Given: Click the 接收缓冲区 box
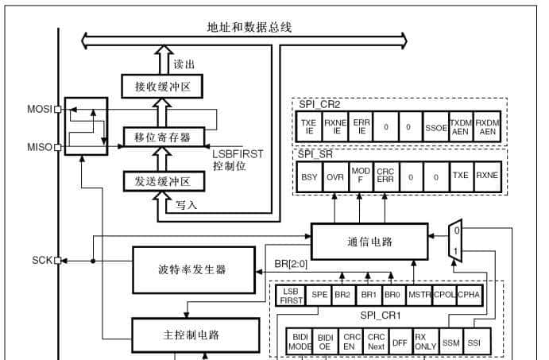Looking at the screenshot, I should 163,84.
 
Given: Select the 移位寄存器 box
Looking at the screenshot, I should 163,137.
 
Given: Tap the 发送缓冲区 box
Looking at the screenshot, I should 163,182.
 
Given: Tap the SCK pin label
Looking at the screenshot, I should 42,260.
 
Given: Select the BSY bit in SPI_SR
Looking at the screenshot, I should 308,177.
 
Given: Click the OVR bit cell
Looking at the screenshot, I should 334,177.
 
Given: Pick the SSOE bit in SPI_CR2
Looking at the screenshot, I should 435,127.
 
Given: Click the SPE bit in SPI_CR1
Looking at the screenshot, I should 319,295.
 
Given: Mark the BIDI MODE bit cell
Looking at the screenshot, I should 299,342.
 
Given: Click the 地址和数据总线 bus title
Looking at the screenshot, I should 244,27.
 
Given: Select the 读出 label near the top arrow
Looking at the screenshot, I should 184,62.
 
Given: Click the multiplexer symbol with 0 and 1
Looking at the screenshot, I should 455,239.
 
